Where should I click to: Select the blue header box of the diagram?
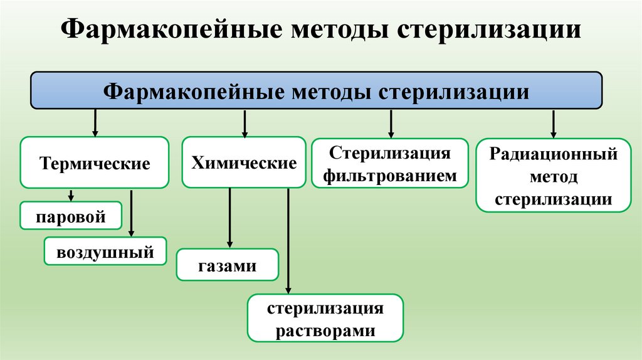point(317,91)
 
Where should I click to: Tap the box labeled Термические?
point(95,163)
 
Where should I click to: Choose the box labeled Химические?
point(244,163)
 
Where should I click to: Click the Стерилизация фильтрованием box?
point(390,164)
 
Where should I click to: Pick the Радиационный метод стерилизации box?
point(554,176)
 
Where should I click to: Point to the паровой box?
point(70,216)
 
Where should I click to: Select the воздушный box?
point(105,252)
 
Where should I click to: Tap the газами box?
point(228,265)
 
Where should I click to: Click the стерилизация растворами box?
point(325,319)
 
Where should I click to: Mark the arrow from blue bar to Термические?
point(95,123)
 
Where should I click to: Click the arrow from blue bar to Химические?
point(245,123)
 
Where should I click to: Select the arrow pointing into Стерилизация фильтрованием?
point(391,124)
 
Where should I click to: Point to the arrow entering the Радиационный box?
point(554,124)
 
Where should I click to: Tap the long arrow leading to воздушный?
point(132,213)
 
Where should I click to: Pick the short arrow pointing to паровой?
point(71,195)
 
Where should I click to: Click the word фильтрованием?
point(390,176)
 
